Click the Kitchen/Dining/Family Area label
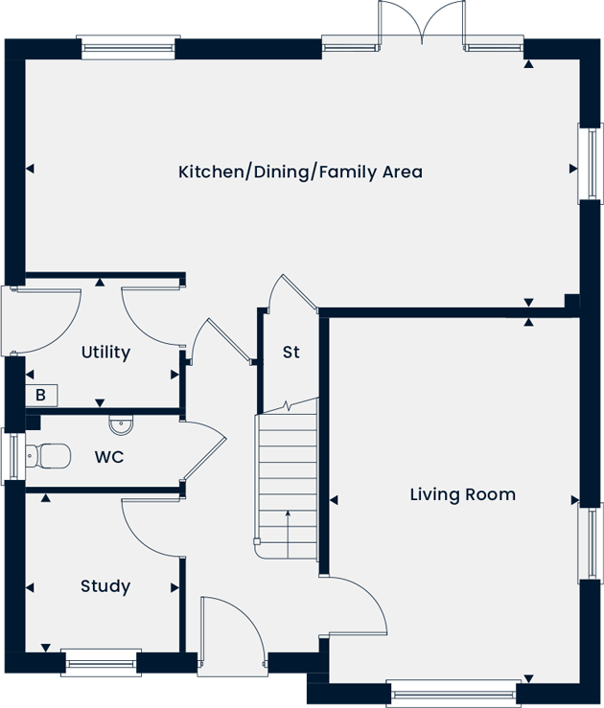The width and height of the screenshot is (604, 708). point(300,172)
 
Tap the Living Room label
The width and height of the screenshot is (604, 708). point(463,494)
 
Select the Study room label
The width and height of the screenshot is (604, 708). point(105,586)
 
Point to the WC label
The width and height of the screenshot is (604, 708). point(109,457)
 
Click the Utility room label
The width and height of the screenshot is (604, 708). point(105,353)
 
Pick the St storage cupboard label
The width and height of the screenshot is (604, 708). point(290,353)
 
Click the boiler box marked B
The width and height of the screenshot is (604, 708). point(41,396)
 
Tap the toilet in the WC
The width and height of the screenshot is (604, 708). point(48,456)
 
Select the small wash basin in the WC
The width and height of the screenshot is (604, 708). point(121,424)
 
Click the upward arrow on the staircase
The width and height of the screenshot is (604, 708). point(288,535)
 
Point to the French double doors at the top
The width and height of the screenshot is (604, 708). point(422,23)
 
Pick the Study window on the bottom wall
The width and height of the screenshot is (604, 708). point(101,663)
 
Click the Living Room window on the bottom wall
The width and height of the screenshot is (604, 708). point(453,694)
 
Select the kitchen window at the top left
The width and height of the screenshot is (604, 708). point(128,47)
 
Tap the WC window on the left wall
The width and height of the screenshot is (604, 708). point(13,456)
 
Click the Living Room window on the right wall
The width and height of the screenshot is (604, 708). point(591,543)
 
